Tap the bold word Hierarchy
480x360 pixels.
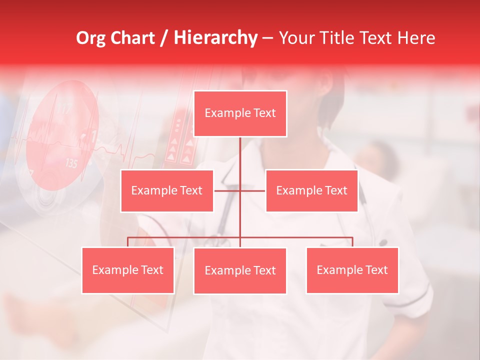[x=215, y=38]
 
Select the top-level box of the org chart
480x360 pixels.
[x=240, y=113]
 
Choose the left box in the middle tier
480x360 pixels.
[x=166, y=190]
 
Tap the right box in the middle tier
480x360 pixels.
[x=311, y=190]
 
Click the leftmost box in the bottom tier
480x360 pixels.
[x=127, y=270]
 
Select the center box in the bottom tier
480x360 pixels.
[x=240, y=270]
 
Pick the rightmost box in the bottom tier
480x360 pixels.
[x=352, y=270]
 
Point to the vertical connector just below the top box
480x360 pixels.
[x=240, y=152]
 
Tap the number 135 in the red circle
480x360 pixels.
[x=71, y=163]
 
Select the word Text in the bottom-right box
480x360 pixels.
[x=376, y=270]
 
